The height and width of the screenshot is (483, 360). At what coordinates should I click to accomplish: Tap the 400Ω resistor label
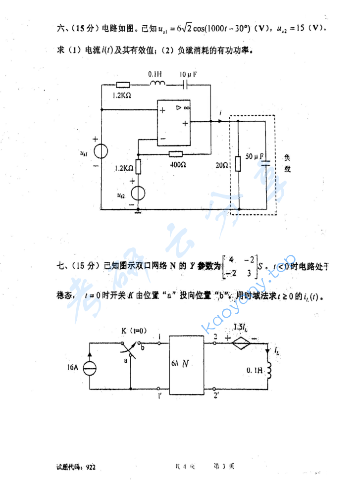177,164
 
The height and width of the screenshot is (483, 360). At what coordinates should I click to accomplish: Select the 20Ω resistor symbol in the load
239,163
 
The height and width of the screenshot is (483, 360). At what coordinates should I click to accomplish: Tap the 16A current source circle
90,367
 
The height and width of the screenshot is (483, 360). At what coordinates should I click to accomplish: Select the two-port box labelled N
187,365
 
